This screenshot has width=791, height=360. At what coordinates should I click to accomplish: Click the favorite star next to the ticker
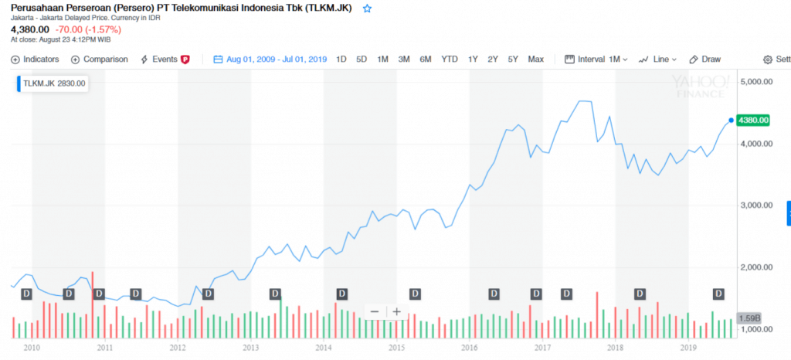(367, 8)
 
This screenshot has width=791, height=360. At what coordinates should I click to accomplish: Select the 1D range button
(341, 59)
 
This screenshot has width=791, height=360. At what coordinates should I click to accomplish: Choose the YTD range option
(449, 59)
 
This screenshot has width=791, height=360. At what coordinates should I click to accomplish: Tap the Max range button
(535, 59)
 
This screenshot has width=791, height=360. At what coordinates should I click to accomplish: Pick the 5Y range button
(513, 59)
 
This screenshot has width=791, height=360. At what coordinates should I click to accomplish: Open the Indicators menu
(36, 59)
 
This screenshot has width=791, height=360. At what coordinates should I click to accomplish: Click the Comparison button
(100, 59)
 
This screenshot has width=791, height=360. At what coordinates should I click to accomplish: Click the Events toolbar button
(165, 59)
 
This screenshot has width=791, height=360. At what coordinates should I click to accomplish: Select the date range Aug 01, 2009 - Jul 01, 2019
(270, 59)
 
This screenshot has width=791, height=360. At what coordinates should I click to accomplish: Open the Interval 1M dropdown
(596, 59)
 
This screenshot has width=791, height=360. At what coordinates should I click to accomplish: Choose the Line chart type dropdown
(658, 59)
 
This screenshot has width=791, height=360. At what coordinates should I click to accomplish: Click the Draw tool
(704, 59)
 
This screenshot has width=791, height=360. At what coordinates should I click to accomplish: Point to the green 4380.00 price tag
(753, 120)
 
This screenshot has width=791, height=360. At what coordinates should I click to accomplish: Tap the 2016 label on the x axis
(469, 348)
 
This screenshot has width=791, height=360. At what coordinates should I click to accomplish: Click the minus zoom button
(375, 312)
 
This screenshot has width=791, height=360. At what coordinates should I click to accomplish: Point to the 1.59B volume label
(750, 318)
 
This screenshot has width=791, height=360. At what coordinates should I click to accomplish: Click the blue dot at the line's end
(731, 120)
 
